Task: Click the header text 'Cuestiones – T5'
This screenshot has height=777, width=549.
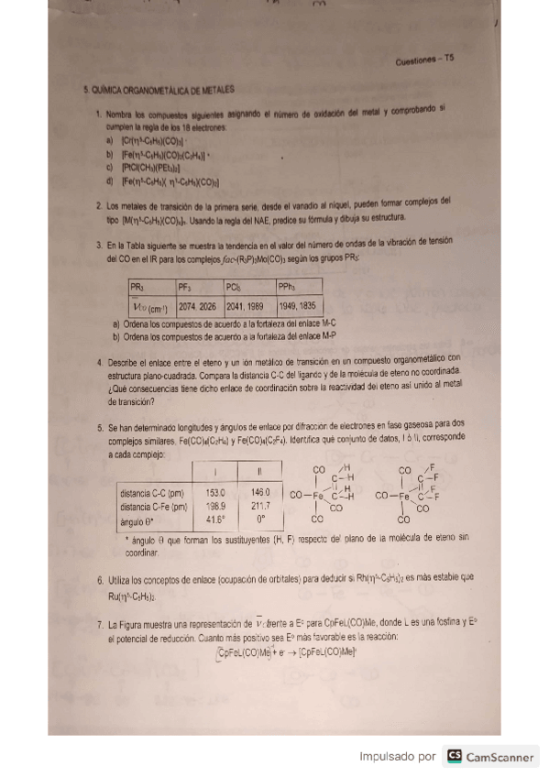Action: click(x=424, y=60)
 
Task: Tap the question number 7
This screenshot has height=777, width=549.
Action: click(x=98, y=623)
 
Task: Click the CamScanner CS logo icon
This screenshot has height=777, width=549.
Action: click(x=454, y=756)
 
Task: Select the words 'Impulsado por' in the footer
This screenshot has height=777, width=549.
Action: click(x=398, y=757)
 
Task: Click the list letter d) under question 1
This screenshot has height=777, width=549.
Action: click(x=110, y=181)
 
